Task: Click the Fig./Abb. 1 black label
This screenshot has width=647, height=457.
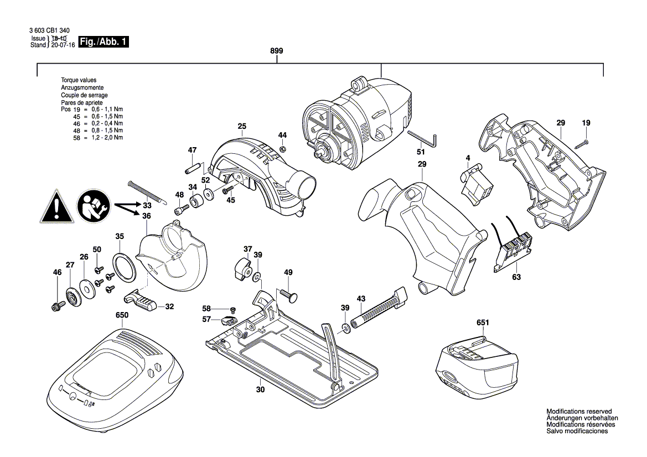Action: click(103, 42)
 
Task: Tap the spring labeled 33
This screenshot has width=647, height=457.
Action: click(146, 191)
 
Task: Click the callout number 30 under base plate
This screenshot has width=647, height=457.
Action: click(260, 390)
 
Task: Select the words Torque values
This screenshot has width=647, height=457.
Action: click(79, 81)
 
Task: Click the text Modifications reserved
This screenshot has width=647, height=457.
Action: click(579, 412)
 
